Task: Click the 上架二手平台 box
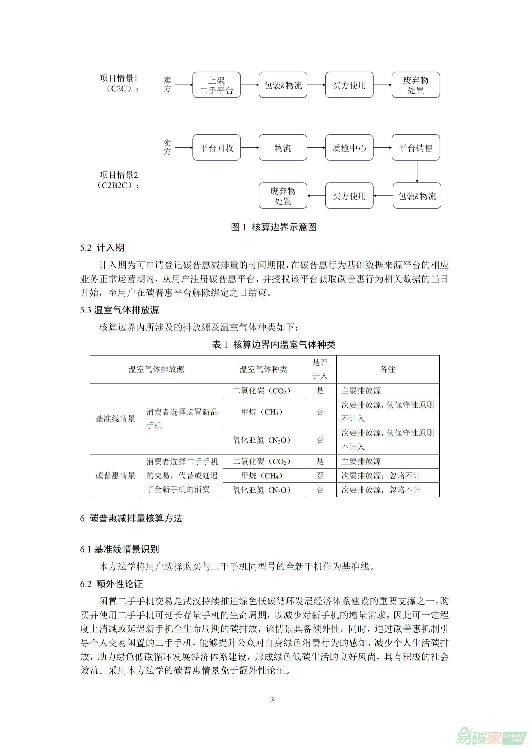point(216,85)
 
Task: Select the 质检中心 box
point(349,148)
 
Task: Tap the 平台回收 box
point(216,148)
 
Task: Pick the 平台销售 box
point(416,148)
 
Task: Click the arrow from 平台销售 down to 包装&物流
point(417,171)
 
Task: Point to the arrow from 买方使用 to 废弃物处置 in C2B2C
point(316,196)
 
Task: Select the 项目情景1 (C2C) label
point(119,83)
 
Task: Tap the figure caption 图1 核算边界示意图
point(274,227)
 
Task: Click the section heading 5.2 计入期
point(102,248)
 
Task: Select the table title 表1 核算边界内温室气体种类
point(274,345)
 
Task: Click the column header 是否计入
point(320,369)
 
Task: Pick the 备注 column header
point(388,369)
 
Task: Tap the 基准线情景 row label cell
point(115,418)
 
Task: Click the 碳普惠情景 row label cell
point(115,475)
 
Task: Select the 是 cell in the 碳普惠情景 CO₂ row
point(320,461)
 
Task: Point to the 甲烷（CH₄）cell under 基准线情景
point(263,412)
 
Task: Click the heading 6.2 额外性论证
point(111,584)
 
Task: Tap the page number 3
point(272,700)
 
